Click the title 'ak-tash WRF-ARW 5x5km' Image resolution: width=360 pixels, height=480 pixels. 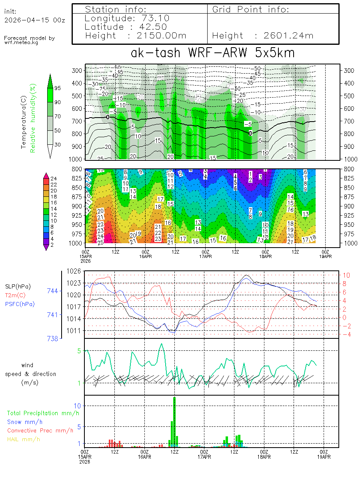point(212,53)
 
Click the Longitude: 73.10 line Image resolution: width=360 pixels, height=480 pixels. point(127,18)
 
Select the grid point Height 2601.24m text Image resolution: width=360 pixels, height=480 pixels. point(263,36)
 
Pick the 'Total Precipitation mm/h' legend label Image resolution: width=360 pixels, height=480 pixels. point(40,413)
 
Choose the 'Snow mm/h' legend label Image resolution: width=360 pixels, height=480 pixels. point(25,422)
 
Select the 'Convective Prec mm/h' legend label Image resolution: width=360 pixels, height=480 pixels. point(40,431)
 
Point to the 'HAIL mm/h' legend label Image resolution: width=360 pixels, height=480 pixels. point(24,440)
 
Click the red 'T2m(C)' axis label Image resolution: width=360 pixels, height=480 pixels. point(15,295)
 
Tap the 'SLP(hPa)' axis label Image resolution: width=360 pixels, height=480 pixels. point(18,286)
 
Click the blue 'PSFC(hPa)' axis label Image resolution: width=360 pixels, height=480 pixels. point(20,304)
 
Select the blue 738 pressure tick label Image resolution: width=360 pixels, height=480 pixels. point(52,338)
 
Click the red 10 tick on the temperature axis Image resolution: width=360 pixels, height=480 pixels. point(346,275)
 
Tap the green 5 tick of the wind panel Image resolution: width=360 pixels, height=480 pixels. point(79,351)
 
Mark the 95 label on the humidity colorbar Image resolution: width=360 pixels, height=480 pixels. point(58,88)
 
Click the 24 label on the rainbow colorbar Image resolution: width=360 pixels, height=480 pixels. point(54,178)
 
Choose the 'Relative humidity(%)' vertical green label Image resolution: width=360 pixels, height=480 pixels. point(34,118)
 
